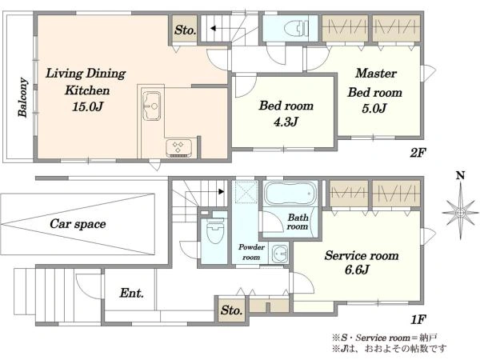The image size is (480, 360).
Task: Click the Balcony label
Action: click(22, 97)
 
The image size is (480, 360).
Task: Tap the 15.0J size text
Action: click(87, 106)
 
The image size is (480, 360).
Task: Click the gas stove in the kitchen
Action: click(179, 148)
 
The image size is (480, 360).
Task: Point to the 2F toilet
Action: click(296, 29)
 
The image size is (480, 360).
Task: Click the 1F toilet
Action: click(214, 230)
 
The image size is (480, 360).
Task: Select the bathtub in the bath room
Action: click(290, 194)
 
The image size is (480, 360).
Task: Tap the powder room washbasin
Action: click(280, 254)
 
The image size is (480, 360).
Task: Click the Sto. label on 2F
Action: click(185, 30)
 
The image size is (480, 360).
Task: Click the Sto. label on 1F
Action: click(232, 310)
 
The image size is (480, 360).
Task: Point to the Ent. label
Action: click(132, 293)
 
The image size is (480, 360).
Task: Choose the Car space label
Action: click(78, 224)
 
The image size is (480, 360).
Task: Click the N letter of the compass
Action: click(461, 175)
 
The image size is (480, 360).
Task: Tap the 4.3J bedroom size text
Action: click(286, 122)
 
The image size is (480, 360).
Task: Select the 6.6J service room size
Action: click(357, 270)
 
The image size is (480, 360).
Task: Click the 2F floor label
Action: click(418, 152)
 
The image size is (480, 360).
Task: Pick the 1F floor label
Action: click(418, 319)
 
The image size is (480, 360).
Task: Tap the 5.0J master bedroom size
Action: click(374, 108)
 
